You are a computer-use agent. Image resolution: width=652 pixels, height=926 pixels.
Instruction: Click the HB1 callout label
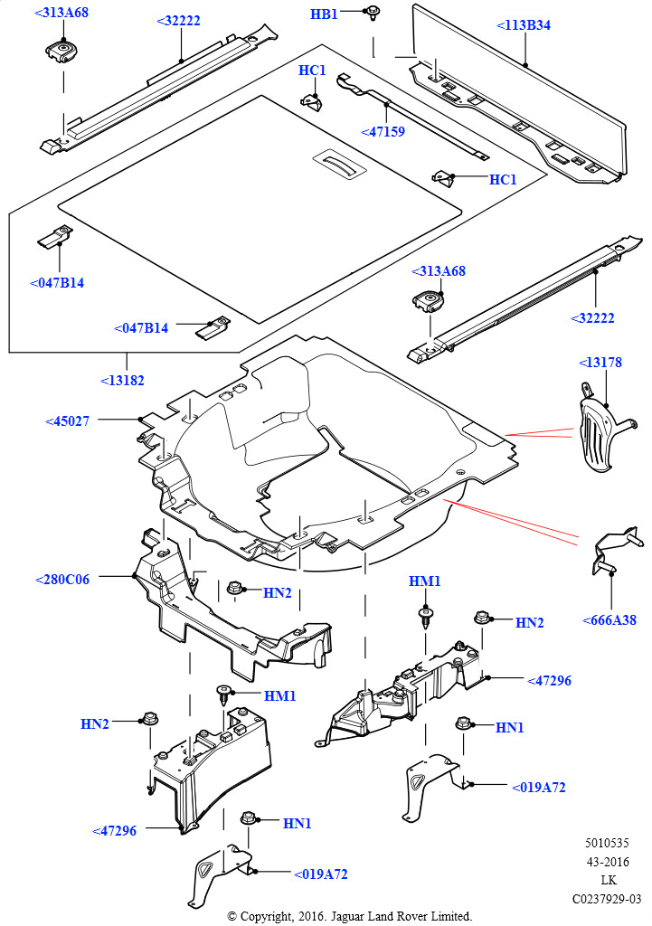(x=324, y=14)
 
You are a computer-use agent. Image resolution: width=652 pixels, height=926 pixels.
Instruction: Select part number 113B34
(x=524, y=25)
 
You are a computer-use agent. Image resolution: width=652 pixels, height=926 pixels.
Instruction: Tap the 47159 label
(x=383, y=131)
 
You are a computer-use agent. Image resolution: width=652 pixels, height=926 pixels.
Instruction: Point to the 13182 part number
(x=122, y=381)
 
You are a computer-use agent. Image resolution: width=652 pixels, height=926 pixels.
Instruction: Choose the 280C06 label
(x=62, y=580)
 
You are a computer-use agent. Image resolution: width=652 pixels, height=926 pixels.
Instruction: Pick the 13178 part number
(x=600, y=363)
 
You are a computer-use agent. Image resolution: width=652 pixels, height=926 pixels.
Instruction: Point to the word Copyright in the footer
(x=265, y=916)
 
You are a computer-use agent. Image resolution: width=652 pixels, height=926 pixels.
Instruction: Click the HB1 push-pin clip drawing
(x=372, y=13)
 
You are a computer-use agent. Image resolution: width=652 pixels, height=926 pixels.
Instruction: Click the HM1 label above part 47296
(x=424, y=581)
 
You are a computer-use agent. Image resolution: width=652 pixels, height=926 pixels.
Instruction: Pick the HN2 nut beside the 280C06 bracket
(x=235, y=590)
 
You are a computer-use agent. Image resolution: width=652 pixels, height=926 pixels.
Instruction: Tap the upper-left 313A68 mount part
(x=62, y=51)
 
